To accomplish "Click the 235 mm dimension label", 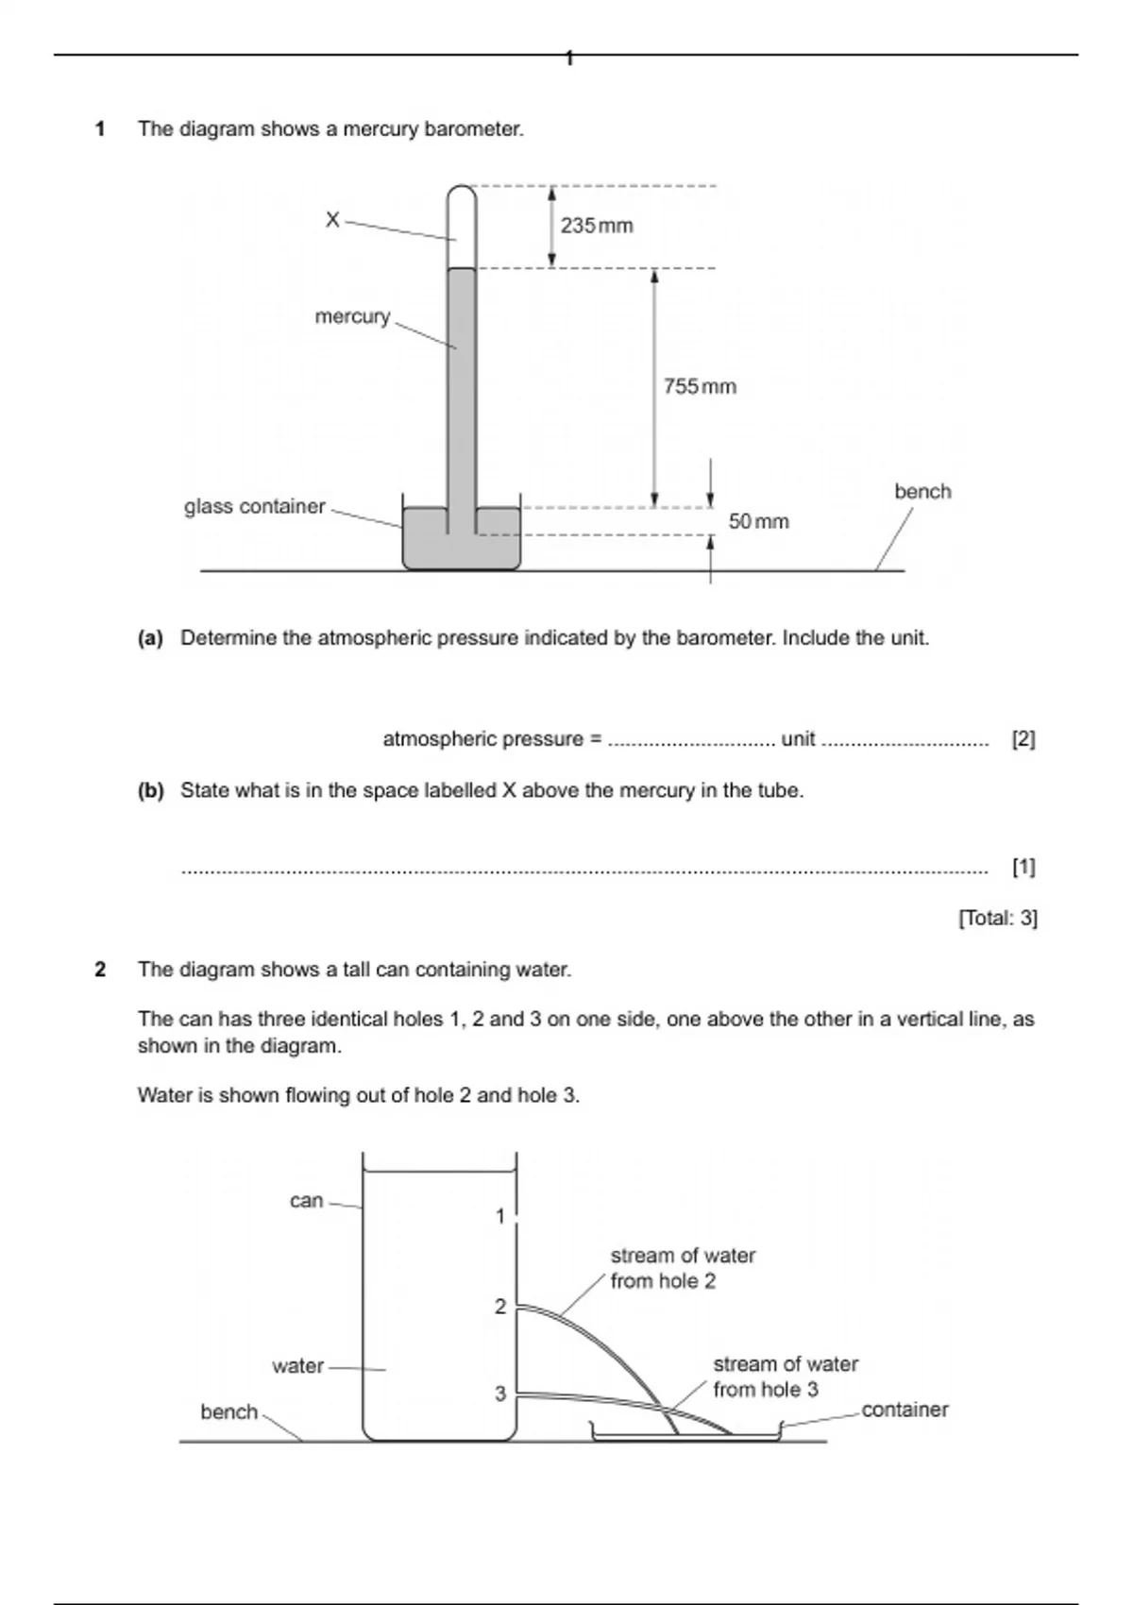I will [596, 226].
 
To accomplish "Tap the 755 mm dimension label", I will [699, 386].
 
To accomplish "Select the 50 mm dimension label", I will [758, 521].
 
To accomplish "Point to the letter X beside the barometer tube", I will [332, 220].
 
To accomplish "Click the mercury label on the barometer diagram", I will [352, 316].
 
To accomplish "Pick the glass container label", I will [254, 507].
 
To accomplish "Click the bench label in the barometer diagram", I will [922, 492].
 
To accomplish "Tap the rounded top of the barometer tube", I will [462, 194].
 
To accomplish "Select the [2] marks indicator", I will [1023, 739].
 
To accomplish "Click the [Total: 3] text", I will [997, 918].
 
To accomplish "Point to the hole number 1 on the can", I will [500, 1216].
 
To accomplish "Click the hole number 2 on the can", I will [500, 1307].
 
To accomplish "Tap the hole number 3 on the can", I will [500, 1394].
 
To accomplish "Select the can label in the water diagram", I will [306, 1201].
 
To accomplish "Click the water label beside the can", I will [297, 1366].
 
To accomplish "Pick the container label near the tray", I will [905, 1410].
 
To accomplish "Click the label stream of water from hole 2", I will [682, 1268].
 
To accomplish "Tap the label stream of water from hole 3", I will [785, 1377].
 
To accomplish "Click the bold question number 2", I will [100, 970].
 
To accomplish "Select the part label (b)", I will [150, 791].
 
